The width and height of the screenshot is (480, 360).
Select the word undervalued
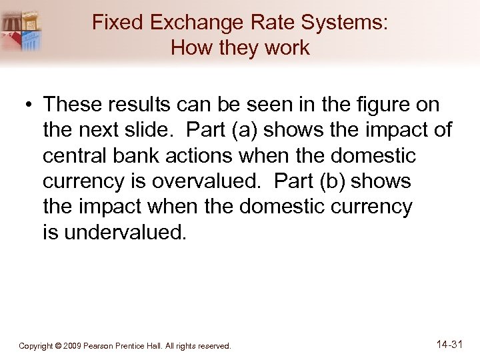[x=124, y=233]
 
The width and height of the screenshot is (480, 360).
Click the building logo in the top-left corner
[x=22, y=30]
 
